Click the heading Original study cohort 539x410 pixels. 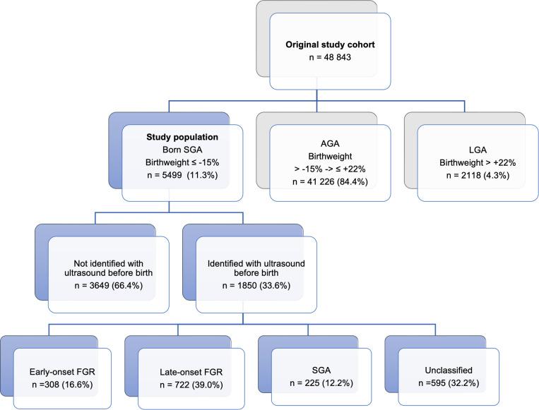pyautogui.click(x=330, y=44)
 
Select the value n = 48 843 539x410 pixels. pyautogui.click(x=330, y=57)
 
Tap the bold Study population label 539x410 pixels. pyautogui.click(x=182, y=137)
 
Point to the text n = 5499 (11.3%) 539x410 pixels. pyautogui.click(x=182, y=175)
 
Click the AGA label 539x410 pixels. pyautogui.click(x=330, y=143)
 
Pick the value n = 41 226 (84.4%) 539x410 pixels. pyautogui.click(x=330, y=181)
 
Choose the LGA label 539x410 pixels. pyautogui.click(x=478, y=150)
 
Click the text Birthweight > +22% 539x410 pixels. pyautogui.click(x=478, y=162)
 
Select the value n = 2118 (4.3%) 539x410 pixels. pyautogui.click(x=478, y=176)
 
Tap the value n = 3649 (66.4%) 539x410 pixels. pyautogui.click(x=109, y=285)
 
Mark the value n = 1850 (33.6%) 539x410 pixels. pyautogui.click(x=256, y=285)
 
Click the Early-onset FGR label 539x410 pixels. pyautogui.click(x=62, y=372)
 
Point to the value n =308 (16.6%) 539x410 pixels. pyautogui.click(x=62, y=385)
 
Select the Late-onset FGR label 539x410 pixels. pyautogui.click(x=191, y=372)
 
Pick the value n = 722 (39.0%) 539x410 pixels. pyautogui.click(x=191, y=385)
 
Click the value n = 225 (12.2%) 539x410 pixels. pyautogui.click(x=321, y=383)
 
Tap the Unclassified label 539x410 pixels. pyautogui.click(x=449, y=370)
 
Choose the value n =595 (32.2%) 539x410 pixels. pyautogui.click(x=449, y=383)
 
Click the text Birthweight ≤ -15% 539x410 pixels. pyautogui.click(x=182, y=162)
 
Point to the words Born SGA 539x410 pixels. pyautogui.click(x=182, y=150)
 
